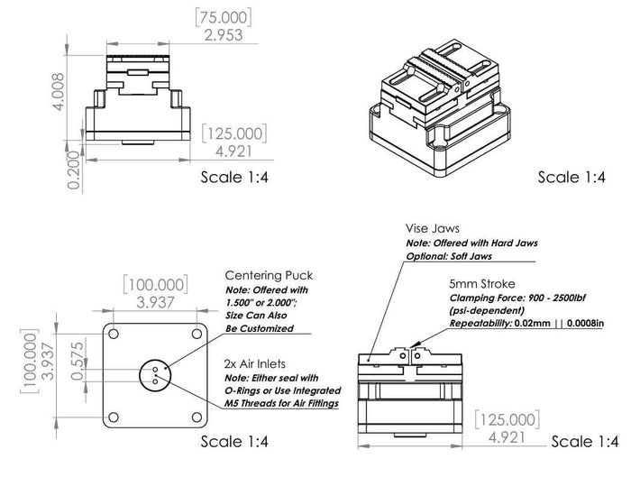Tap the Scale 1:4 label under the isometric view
coord(571,178)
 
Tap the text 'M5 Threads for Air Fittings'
coord(282,404)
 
